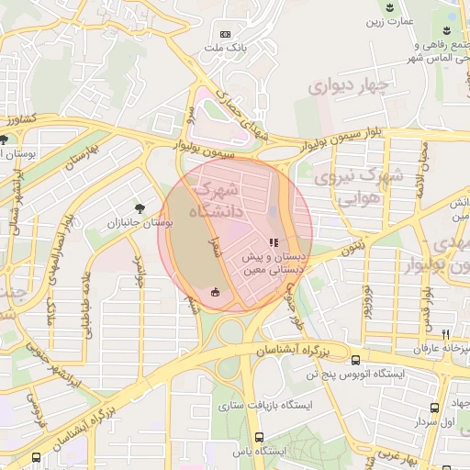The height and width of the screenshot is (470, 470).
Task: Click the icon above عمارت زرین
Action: click(393, 7)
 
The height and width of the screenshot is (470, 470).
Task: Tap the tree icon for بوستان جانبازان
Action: click(139, 209)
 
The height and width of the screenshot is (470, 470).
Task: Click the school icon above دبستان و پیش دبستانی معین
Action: click(273, 242)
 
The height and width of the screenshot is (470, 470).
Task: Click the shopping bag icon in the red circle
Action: click(215, 293)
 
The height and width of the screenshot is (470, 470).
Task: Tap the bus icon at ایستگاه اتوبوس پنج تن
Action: click(356, 361)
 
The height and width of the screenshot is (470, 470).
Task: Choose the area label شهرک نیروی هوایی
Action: click(357, 187)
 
